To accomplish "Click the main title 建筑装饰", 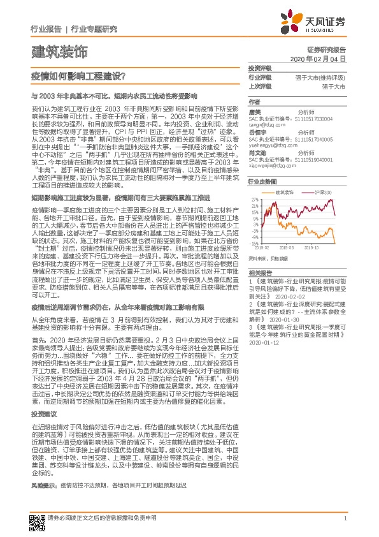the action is click(x=59, y=50).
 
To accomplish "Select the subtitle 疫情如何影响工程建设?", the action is click(x=77, y=75).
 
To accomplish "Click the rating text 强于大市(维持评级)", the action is click(x=320, y=77).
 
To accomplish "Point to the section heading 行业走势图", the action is click(x=262, y=182).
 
